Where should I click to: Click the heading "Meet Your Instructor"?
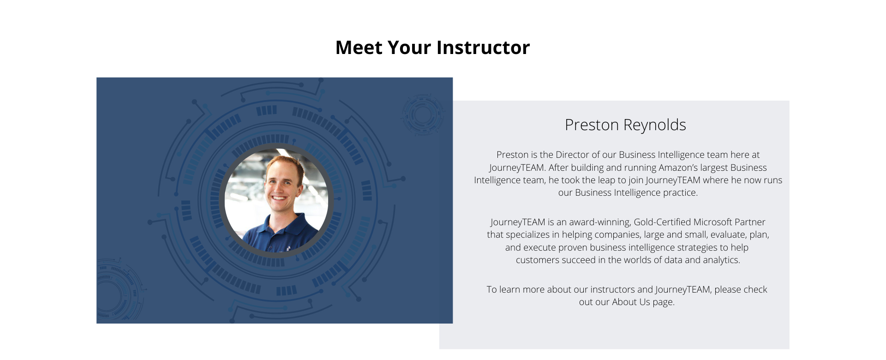(x=432, y=48)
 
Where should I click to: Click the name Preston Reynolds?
(x=625, y=125)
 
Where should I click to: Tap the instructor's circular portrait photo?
(x=276, y=200)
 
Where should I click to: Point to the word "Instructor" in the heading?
(x=483, y=48)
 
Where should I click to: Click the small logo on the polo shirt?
(x=288, y=248)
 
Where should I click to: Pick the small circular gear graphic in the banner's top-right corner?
(x=422, y=115)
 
